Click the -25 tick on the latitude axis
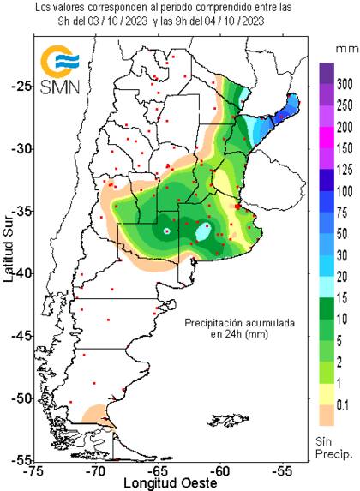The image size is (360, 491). (x=21, y=87)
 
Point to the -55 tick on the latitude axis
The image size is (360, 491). (x=21, y=460)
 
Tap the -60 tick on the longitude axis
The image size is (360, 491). (x=220, y=470)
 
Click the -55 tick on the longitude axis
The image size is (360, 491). (x=282, y=470)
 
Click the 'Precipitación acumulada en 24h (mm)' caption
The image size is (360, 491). (x=240, y=329)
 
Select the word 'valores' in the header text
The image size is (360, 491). (x=69, y=7)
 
